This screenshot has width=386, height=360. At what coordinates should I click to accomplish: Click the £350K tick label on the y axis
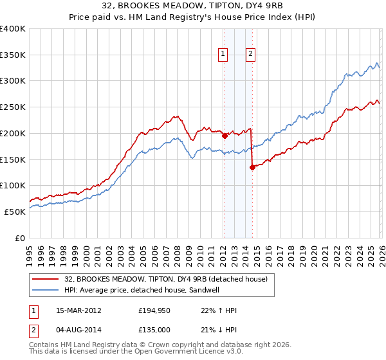13,55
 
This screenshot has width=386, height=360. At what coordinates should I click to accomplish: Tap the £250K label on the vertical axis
13,107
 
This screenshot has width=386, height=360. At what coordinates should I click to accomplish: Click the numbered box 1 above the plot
223,55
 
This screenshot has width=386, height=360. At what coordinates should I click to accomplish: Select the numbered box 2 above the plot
250,55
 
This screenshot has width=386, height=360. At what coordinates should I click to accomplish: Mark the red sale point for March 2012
225,136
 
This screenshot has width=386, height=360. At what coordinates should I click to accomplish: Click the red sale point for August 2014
252,167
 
